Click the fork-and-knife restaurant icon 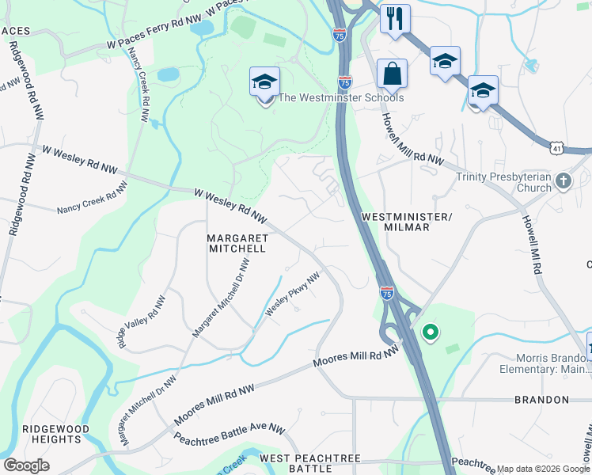[x=394, y=18]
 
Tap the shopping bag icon [x=392, y=74]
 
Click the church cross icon [x=563, y=180]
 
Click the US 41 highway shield [x=558, y=147]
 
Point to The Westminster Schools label [x=341, y=97]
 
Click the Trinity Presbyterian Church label [x=503, y=182]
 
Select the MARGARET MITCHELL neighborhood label [x=236, y=242]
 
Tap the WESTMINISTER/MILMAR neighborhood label [x=406, y=222]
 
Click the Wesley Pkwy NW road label [x=292, y=294]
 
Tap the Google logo [x=26, y=465]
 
